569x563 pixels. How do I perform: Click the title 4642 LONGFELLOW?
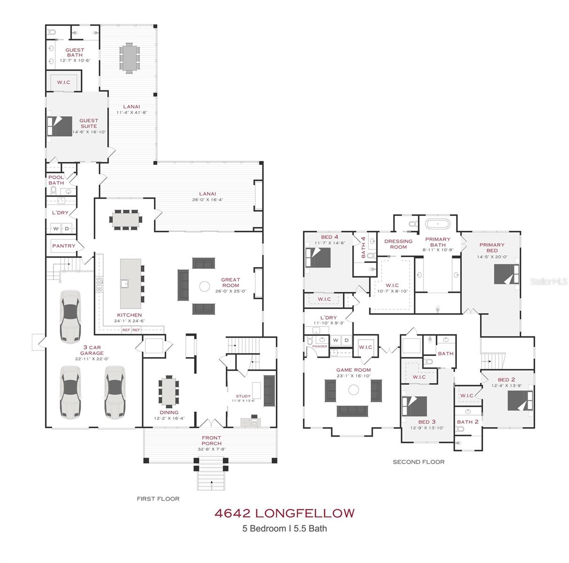point(284,513)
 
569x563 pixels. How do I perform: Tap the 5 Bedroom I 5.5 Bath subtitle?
point(284,528)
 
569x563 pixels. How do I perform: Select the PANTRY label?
point(64,246)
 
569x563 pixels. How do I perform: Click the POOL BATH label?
point(56,180)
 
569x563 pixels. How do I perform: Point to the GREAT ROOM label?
point(230,282)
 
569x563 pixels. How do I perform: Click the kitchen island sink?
point(125,283)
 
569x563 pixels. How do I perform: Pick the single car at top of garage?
point(70,316)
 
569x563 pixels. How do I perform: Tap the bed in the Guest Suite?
point(60,126)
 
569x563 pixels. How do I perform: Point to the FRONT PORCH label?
point(212,441)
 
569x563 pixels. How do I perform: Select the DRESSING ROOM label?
point(398,244)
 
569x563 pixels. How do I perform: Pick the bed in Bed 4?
point(319,257)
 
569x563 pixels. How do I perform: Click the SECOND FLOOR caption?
point(418,462)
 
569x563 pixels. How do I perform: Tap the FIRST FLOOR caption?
point(158,499)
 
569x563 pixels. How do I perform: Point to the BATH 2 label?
point(468,422)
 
